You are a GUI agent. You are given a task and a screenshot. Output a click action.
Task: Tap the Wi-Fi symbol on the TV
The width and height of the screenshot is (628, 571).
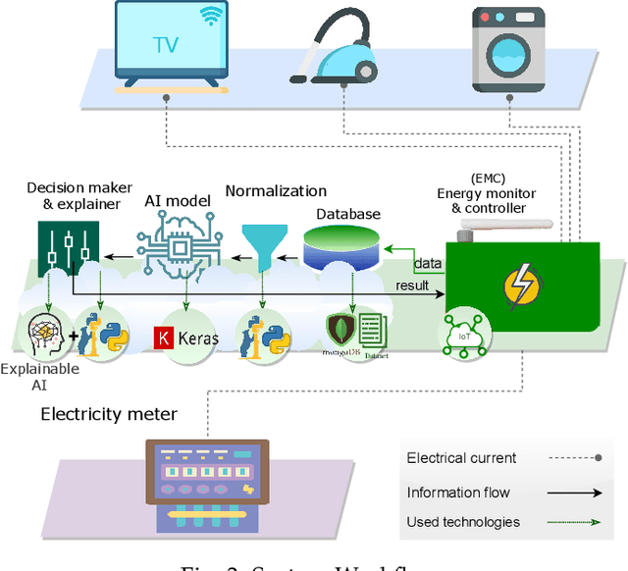(210, 17)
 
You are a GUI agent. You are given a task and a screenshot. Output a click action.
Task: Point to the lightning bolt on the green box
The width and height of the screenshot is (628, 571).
(520, 285)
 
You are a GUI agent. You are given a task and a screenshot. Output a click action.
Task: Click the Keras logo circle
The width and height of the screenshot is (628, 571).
(186, 337)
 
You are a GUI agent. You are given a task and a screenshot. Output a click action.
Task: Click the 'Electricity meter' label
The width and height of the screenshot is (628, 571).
(109, 414)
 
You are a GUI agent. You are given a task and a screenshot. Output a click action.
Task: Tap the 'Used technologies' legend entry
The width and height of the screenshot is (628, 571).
(463, 522)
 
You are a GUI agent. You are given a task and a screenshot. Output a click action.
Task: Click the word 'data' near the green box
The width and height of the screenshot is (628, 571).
(428, 264)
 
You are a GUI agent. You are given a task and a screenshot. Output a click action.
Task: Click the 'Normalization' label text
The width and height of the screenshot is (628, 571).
(276, 191)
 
